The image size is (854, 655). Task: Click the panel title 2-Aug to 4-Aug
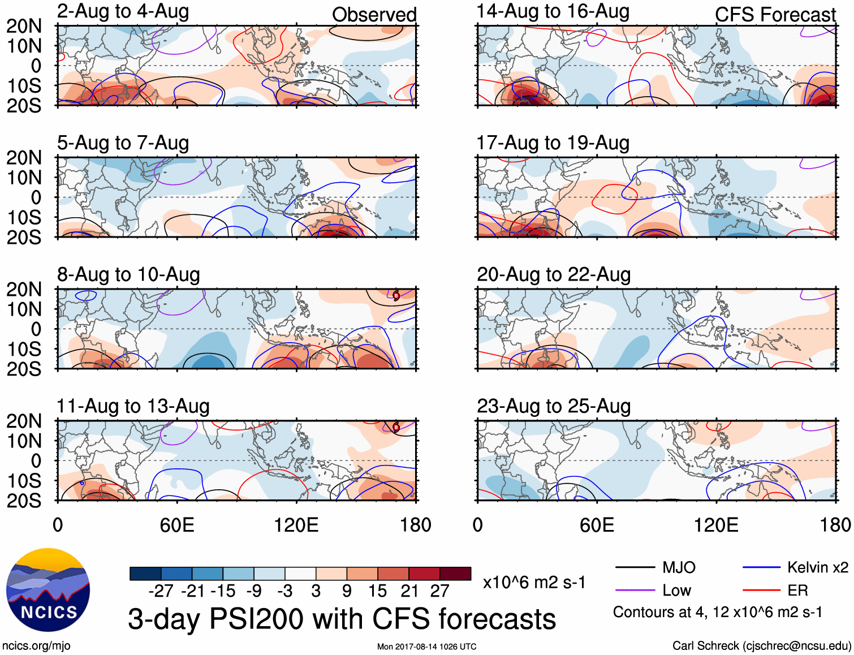click(123, 12)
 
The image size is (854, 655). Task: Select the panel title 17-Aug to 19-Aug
click(553, 143)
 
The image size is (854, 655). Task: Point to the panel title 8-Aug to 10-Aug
click(128, 275)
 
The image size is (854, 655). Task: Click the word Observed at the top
click(374, 15)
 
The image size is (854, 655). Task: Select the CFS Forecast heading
click(775, 15)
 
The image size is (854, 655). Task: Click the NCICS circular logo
click(48, 590)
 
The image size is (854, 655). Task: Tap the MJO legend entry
click(679, 567)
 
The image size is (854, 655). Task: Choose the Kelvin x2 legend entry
click(817, 567)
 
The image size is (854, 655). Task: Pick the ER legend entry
click(797, 591)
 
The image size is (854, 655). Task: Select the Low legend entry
click(676, 591)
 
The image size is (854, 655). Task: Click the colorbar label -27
click(161, 591)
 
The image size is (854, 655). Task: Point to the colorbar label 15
click(377, 591)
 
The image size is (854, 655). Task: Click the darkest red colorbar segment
click(455, 574)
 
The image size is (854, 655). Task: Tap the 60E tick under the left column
click(177, 525)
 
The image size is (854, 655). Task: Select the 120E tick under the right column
click(716, 525)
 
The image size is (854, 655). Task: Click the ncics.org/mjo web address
click(36, 646)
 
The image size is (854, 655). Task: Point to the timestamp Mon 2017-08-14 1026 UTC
click(426, 647)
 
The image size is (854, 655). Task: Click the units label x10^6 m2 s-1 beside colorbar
click(534, 582)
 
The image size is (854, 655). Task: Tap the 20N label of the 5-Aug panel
click(24, 158)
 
